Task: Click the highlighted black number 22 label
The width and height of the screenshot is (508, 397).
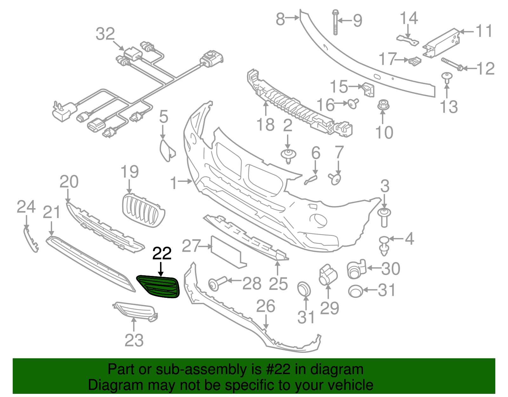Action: pyautogui.click(x=162, y=253)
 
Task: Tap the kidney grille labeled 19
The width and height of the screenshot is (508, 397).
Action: pyautogui.click(x=143, y=210)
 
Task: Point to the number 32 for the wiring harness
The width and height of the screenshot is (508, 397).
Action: pyautogui.click(x=105, y=34)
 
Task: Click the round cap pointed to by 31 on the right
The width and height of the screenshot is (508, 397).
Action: pyautogui.click(x=356, y=291)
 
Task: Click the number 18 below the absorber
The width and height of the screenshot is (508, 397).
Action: pyautogui.click(x=265, y=125)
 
